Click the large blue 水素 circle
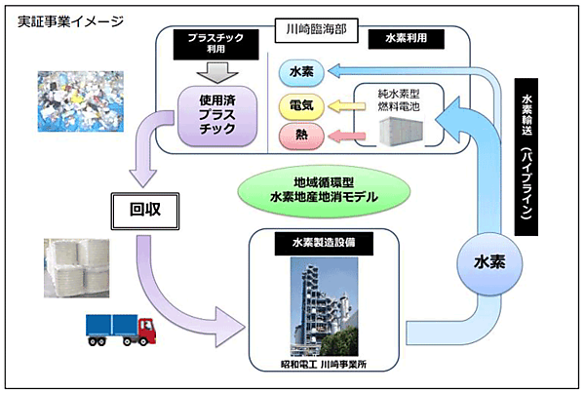(x=488, y=262)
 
